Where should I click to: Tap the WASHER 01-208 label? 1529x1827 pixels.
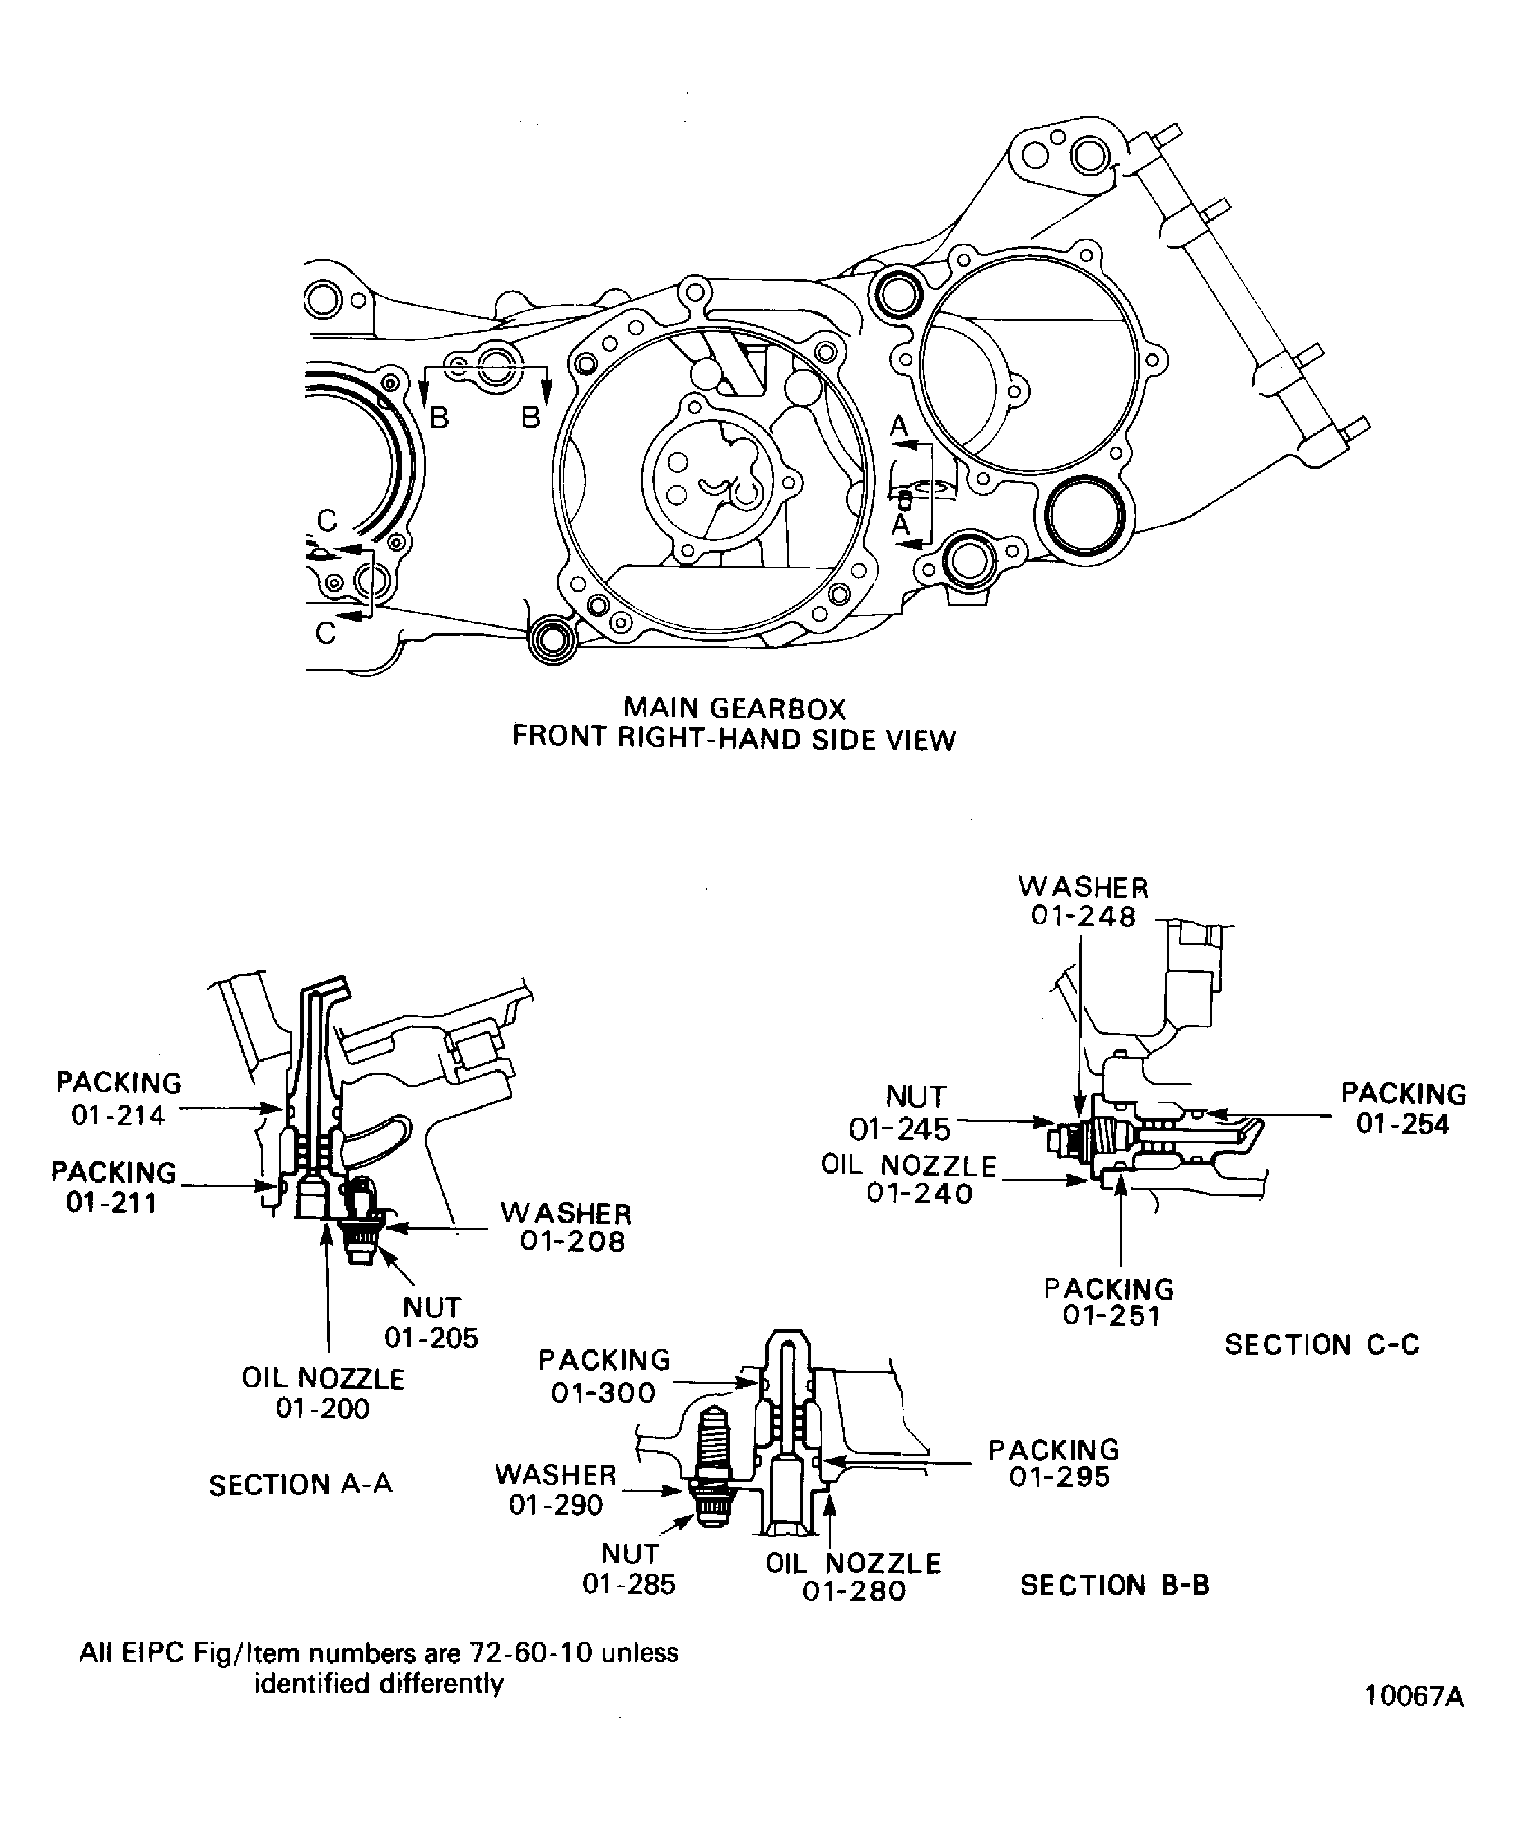pyautogui.click(x=567, y=1227)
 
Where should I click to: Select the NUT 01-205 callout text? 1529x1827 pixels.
pyautogui.click(x=432, y=1323)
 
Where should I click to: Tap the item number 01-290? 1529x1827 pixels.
pyautogui.click(x=555, y=1504)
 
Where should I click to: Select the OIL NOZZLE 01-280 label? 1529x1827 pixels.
pyautogui.click(x=854, y=1577)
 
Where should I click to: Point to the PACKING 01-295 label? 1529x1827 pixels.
pyautogui.click(x=1054, y=1464)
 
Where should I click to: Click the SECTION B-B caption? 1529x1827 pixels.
pyautogui.click(x=1115, y=1585)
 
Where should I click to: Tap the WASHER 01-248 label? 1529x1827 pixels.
pyautogui.click(x=1083, y=901)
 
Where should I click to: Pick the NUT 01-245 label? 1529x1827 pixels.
pyautogui.click(x=901, y=1114)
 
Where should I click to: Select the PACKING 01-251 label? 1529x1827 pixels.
pyautogui.click(x=1110, y=1302)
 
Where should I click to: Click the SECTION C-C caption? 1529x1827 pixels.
pyautogui.click(x=1322, y=1345)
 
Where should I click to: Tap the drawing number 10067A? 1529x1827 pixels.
pyautogui.click(x=1414, y=1721)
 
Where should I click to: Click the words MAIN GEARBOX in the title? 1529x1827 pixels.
pyautogui.click(x=734, y=708)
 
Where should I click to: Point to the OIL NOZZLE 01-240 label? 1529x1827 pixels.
pyautogui.click(x=910, y=1179)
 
